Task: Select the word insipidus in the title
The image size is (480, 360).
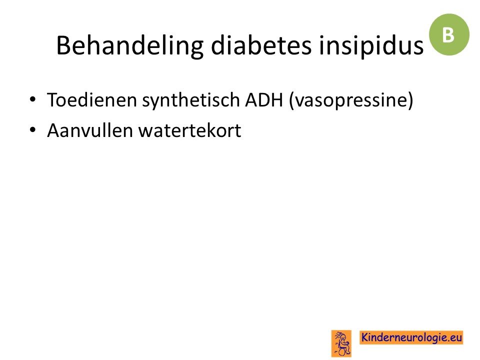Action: (371, 46)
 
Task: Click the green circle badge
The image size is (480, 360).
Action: (449, 34)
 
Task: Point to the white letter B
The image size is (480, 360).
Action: (448, 35)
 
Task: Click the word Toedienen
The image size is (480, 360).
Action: (92, 100)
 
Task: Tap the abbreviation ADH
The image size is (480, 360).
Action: (264, 100)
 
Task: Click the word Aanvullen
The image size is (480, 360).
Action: (90, 130)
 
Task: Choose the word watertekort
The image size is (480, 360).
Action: (190, 130)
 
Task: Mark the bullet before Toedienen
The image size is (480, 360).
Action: (32, 99)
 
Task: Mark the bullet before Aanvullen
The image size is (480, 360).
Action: (32, 130)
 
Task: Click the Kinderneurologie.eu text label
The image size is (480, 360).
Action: (411, 337)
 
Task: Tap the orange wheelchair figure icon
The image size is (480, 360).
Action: (341, 343)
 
